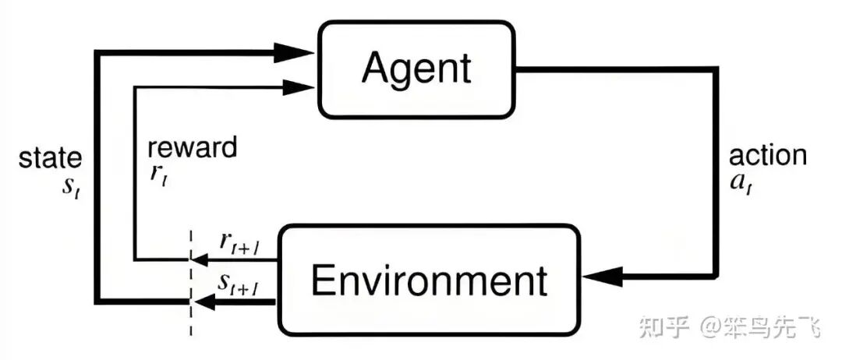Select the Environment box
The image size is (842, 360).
tap(430, 280)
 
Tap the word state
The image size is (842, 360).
tap(51, 158)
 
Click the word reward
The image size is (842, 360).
tap(192, 147)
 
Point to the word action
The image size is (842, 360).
tap(768, 155)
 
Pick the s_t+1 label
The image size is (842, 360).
tap(239, 288)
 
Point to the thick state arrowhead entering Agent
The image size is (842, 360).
tap(295, 52)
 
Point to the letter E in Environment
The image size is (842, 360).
tap(322, 280)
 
